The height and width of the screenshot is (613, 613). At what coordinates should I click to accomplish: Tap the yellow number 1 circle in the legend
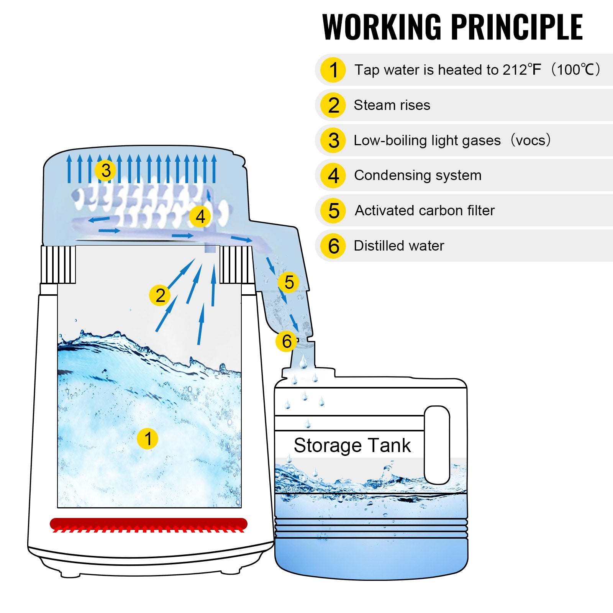(x=333, y=70)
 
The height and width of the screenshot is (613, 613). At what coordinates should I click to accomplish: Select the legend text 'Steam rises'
(x=392, y=105)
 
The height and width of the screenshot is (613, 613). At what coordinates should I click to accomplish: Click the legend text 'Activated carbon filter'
(x=425, y=210)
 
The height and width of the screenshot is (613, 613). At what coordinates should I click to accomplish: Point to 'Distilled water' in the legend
(x=398, y=246)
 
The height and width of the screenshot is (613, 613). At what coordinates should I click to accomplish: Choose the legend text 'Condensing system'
(x=418, y=175)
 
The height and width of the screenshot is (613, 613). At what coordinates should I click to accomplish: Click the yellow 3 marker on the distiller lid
(x=106, y=170)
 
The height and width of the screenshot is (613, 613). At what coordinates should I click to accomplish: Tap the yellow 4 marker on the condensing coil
(x=200, y=216)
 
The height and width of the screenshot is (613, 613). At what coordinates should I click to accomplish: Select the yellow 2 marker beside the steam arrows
(x=160, y=295)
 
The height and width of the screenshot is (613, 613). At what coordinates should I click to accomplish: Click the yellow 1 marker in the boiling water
(x=148, y=438)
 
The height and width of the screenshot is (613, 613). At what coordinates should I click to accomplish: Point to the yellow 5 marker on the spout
(x=289, y=282)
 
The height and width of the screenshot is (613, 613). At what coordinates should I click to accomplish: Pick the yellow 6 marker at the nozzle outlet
(x=286, y=341)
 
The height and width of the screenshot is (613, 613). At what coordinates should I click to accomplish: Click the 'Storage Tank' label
(x=352, y=445)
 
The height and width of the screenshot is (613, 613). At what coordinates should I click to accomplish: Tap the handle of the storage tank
(x=437, y=444)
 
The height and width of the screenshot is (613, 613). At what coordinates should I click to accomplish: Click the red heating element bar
(x=148, y=523)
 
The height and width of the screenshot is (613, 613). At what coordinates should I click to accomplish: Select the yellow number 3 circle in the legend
(x=333, y=140)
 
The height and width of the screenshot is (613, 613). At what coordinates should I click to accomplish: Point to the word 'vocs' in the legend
(x=530, y=140)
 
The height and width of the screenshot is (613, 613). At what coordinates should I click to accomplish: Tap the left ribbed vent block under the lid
(x=58, y=264)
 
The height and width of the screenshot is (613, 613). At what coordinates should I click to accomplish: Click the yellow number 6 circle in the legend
(x=333, y=246)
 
